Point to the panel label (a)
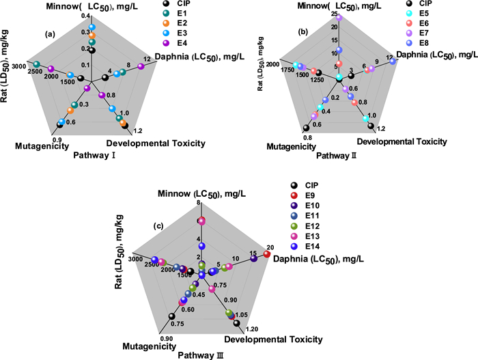pyautogui.click(x=50, y=34)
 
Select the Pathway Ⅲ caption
pyautogui.click(x=199, y=355)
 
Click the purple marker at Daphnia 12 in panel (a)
pyautogui.click(x=141, y=66)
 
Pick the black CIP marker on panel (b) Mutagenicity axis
pyautogui.click(x=306, y=127)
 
